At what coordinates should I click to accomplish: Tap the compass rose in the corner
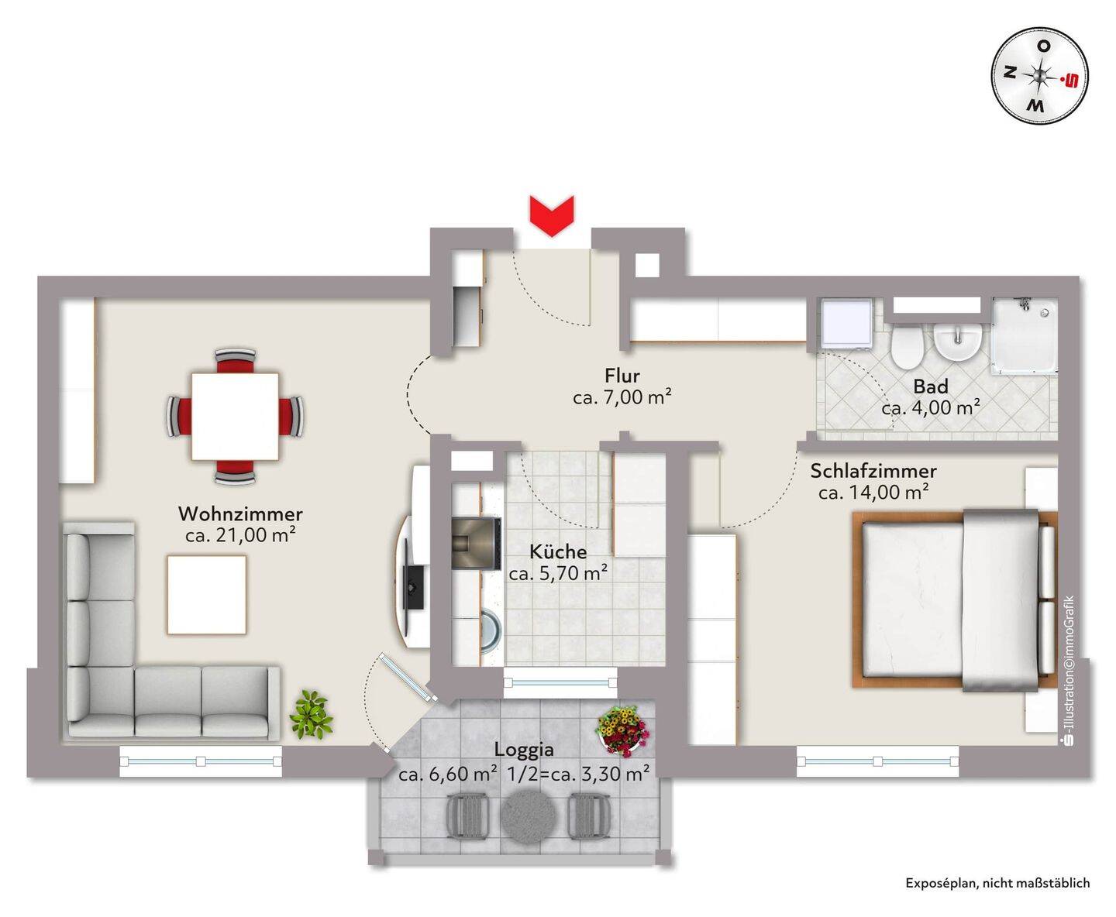pos(1038,76)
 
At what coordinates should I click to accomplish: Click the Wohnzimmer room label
pos(240,513)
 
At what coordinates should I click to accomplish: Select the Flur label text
pos(622,376)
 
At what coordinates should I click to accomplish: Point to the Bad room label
pos(930,386)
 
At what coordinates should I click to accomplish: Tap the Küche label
pos(558,552)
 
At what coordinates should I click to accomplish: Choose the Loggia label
pos(524,750)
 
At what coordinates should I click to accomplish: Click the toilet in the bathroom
pos(908,346)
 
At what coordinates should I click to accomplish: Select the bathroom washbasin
pos(957,341)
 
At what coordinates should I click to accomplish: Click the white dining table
pos(235,416)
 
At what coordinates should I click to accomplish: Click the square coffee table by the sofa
pos(206,594)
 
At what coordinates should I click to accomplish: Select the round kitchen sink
pos(491,630)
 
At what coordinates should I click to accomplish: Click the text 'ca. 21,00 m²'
pos(239,534)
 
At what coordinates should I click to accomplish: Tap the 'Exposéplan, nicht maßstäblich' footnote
pos(997,883)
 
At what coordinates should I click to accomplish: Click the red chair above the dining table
pos(235,362)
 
